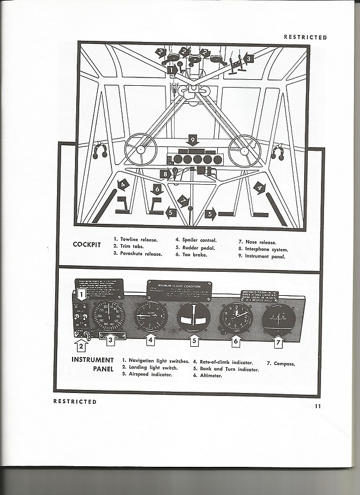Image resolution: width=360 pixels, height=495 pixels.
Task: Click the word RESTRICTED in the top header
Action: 305,37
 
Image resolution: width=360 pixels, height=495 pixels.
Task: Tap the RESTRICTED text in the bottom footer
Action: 75,401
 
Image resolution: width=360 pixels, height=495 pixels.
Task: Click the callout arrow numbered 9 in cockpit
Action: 192,140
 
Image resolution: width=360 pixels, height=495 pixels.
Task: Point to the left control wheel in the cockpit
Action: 140,149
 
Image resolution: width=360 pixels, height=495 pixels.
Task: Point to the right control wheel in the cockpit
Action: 244,151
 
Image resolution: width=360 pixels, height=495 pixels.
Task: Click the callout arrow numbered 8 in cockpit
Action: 165,174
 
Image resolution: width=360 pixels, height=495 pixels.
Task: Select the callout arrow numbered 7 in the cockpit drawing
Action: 183,201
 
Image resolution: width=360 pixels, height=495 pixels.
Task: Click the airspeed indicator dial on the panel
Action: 109,316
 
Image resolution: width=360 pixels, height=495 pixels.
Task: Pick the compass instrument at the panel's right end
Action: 277,318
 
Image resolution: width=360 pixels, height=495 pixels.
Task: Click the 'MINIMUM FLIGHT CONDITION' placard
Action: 179,290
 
